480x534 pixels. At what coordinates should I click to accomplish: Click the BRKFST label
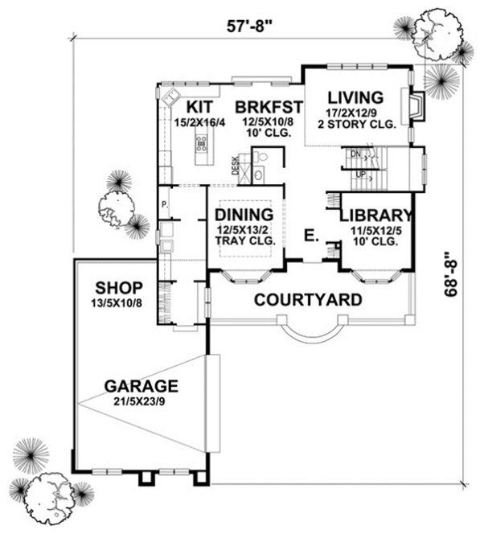pos(268,106)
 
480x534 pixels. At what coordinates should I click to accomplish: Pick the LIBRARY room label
pos(375,216)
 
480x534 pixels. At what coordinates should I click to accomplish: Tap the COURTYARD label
pos(307,300)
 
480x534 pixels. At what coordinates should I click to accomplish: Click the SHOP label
pos(118,287)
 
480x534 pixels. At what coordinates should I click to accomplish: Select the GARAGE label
pos(141,384)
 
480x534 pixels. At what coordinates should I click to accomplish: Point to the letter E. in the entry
pos(310,236)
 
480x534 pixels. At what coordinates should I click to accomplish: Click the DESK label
pos(235,166)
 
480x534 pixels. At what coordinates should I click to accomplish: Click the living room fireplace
pos(415,107)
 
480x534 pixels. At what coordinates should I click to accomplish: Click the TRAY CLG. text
pos(245,239)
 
